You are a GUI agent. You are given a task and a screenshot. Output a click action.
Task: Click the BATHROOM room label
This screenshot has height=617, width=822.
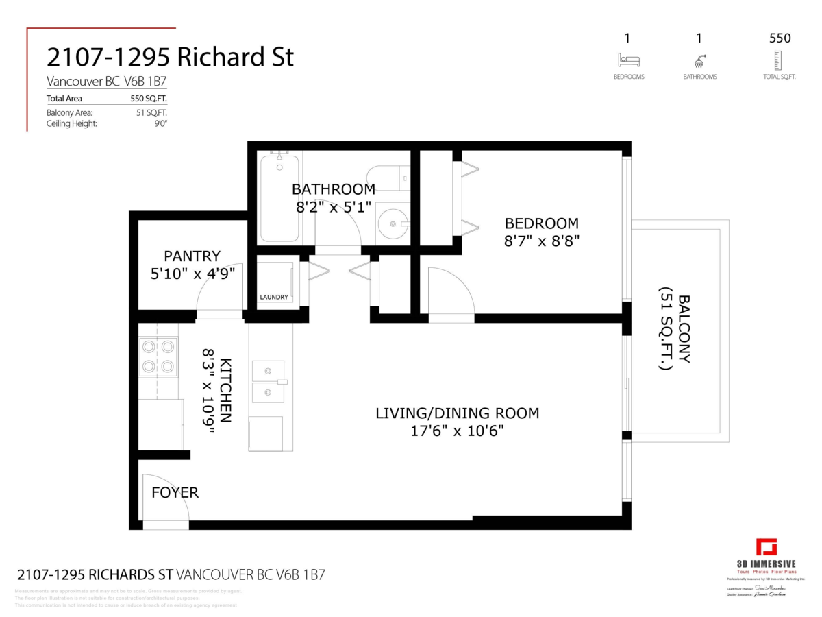(334, 189)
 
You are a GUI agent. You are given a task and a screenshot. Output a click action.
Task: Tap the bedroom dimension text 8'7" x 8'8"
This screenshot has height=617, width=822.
(541, 242)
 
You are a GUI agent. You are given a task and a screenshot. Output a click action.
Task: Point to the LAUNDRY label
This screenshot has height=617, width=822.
(273, 297)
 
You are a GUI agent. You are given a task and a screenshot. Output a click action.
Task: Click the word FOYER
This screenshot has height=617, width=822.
(175, 492)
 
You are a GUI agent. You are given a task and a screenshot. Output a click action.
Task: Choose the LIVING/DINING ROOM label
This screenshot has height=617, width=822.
(457, 413)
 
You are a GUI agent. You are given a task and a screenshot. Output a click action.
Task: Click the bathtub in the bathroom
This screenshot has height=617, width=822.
(279, 198)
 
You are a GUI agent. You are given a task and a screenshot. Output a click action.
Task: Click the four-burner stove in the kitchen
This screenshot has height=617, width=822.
(158, 356)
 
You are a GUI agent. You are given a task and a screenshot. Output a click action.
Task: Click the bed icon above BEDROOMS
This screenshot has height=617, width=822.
(628, 60)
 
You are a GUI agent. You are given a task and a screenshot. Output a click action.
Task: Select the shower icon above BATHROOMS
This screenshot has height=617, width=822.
(699, 60)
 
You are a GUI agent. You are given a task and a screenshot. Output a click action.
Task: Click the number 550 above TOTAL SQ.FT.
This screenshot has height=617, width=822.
(780, 38)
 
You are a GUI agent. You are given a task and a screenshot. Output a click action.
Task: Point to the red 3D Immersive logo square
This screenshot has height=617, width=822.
(767, 548)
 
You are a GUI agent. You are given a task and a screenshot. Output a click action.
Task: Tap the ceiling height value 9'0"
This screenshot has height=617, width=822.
(161, 123)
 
